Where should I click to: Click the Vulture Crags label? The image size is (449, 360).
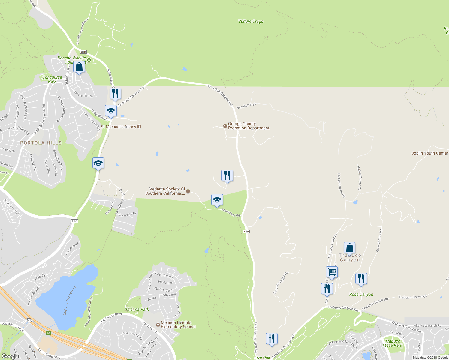pyautogui.click(x=251, y=22)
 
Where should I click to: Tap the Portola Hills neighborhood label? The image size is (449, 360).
pyautogui.click(x=41, y=143)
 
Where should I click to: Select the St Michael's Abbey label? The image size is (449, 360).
pyautogui.click(x=119, y=127)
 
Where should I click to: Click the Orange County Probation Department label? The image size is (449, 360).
pyautogui.click(x=249, y=126)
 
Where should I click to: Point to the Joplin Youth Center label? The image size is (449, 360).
pyautogui.click(x=429, y=153)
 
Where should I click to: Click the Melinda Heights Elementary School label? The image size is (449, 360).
pyautogui.click(x=178, y=325)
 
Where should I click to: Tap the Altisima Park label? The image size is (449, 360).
pyautogui.click(x=137, y=310)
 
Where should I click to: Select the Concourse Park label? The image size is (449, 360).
pyautogui.click(x=52, y=79)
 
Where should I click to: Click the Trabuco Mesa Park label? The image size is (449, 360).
pyautogui.click(x=392, y=343)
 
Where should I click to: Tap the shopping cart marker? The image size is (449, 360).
pyautogui.click(x=332, y=272)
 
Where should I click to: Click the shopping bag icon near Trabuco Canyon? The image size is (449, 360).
pyautogui.click(x=349, y=248)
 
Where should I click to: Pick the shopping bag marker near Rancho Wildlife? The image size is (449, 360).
pyautogui.click(x=79, y=67)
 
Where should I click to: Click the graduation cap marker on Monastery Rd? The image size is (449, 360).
pyautogui.click(x=217, y=200)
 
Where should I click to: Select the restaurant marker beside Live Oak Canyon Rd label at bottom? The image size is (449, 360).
pyautogui.click(x=271, y=339)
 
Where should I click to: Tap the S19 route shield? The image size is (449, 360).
pyautogui.click(x=246, y=232)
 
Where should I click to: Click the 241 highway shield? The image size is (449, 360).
pyautogui.click(x=29, y=320)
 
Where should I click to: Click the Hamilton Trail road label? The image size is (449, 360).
pyautogui.click(x=246, y=106)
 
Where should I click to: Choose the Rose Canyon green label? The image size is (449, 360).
pyautogui.click(x=361, y=295)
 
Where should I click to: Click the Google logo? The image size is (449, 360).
pyautogui.click(x=10, y=356)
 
